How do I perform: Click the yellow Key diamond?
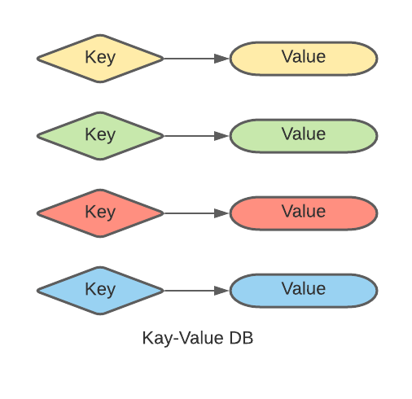click(x=100, y=59)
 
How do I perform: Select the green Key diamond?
click(x=100, y=136)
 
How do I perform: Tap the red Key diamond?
click(x=100, y=213)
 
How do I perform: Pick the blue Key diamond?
click(x=100, y=291)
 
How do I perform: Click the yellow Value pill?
click(x=304, y=59)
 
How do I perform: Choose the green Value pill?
click(x=304, y=136)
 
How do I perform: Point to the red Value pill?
click(x=304, y=213)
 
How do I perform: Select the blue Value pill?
click(x=304, y=291)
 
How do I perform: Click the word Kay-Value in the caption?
click(x=183, y=339)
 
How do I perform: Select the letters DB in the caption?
click(x=241, y=338)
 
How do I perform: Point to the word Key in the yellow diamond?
click(x=100, y=57)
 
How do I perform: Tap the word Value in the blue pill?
click(x=304, y=288)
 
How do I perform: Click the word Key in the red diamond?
click(x=100, y=212)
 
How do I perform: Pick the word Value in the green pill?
click(x=304, y=134)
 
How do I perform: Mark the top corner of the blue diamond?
click(x=100, y=267)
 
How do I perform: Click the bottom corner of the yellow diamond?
click(x=100, y=81)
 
